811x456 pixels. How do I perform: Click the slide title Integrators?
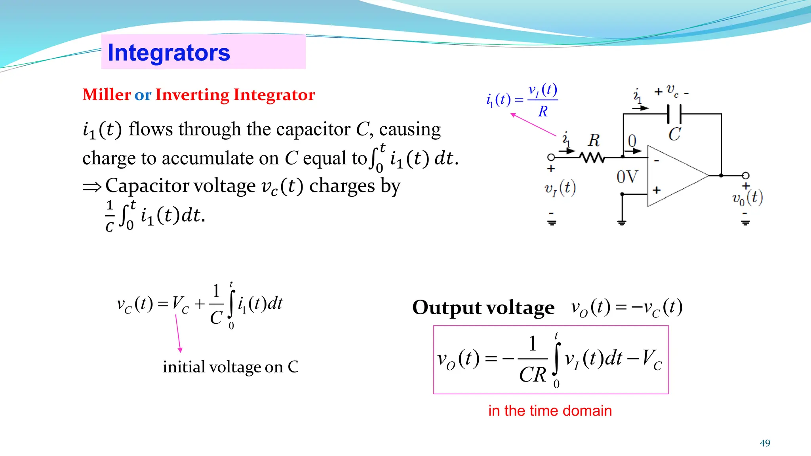tap(169, 53)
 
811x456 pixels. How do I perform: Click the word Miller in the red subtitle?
tap(107, 95)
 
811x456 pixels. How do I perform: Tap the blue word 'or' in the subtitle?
tap(143, 95)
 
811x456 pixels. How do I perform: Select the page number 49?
tap(765, 443)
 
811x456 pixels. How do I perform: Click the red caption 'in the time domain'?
tap(550, 411)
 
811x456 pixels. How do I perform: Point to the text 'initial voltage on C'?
tap(230, 367)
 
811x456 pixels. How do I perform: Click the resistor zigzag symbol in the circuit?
tap(592, 158)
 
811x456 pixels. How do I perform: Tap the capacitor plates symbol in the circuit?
tap(674, 114)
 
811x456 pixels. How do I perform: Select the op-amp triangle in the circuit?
tap(673, 176)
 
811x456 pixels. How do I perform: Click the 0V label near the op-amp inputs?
tap(627, 177)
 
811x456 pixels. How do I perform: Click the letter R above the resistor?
tap(594, 140)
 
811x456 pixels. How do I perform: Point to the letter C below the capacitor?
tap(674, 134)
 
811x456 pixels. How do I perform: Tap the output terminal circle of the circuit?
tap(746, 175)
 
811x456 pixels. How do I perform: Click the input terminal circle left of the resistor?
tap(551, 158)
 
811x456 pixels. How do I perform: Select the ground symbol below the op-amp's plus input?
tap(622, 222)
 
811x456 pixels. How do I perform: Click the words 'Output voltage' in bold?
tap(483, 308)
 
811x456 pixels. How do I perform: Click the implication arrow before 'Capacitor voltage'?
tap(92, 186)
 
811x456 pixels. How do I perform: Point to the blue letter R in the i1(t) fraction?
tap(543, 112)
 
